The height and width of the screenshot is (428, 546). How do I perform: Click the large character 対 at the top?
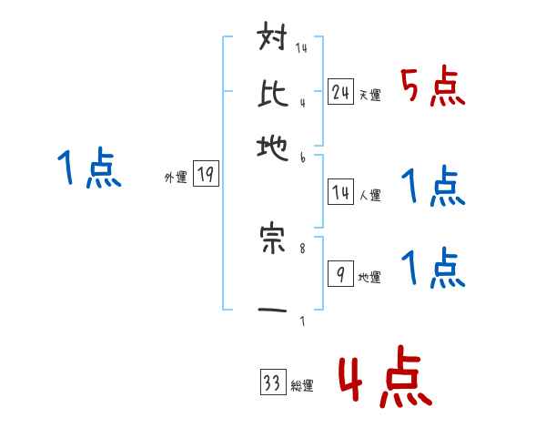point(274,41)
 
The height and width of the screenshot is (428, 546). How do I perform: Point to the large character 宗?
point(274,239)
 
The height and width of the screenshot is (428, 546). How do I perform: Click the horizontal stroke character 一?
point(274,311)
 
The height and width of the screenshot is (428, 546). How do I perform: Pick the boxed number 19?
point(207,175)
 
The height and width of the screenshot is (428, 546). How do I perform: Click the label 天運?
point(369,95)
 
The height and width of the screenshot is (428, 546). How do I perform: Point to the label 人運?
point(369,195)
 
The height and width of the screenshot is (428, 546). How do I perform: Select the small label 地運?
point(369,278)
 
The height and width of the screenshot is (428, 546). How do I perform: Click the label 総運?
point(302,386)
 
